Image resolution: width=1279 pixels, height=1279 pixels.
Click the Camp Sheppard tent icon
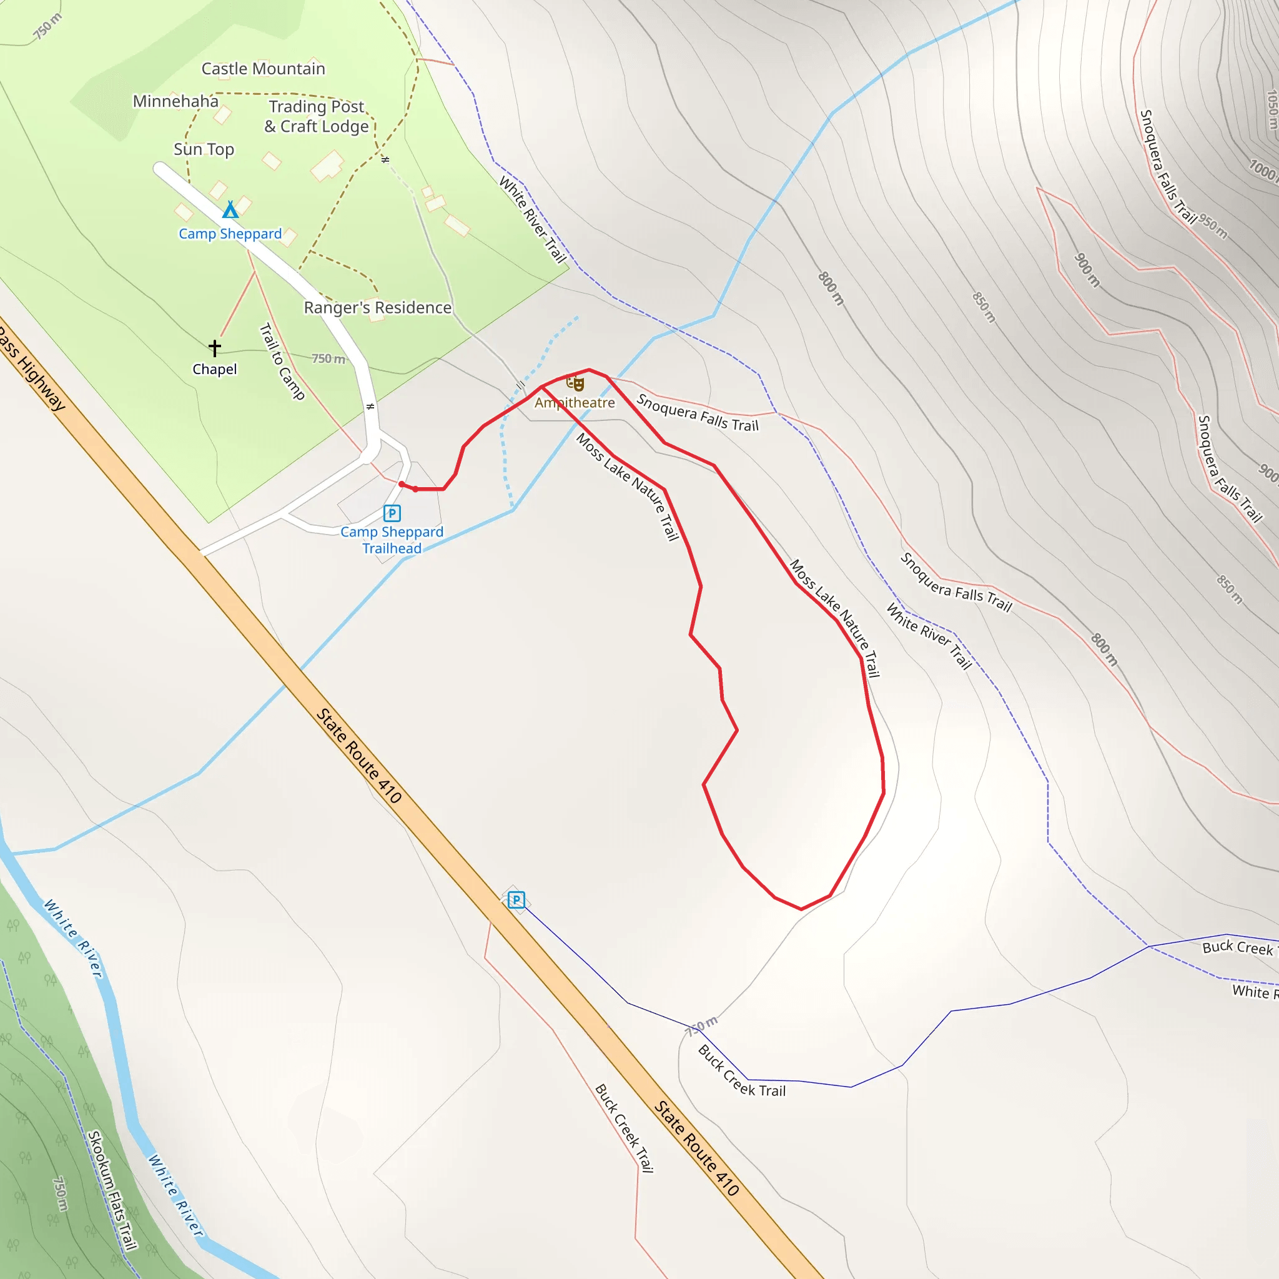[230, 210]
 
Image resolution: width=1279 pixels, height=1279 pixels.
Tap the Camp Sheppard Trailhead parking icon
[392, 513]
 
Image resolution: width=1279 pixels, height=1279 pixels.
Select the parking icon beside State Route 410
[516, 900]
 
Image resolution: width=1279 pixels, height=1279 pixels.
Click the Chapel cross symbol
[214, 348]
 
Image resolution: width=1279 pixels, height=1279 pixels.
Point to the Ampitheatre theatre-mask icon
[575, 383]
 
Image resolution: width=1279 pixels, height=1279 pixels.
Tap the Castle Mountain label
[263, 69]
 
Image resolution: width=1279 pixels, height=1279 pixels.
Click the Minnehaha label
[175, 101]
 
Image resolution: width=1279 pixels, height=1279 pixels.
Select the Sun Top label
[203, 150]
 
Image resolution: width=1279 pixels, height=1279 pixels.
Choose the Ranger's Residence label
[377, 308]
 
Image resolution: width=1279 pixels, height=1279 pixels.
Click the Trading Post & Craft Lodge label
[317, 117]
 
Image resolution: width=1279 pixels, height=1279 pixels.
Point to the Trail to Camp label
[282, 362]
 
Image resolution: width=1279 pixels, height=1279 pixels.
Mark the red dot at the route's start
[402, 485]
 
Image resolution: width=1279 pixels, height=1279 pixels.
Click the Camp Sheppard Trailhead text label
[392, 540]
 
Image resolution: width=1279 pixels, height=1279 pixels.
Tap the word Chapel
[214, 370]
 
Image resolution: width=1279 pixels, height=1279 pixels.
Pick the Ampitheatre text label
[575, 403]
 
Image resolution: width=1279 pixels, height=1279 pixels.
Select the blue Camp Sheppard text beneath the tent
[230, 234]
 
